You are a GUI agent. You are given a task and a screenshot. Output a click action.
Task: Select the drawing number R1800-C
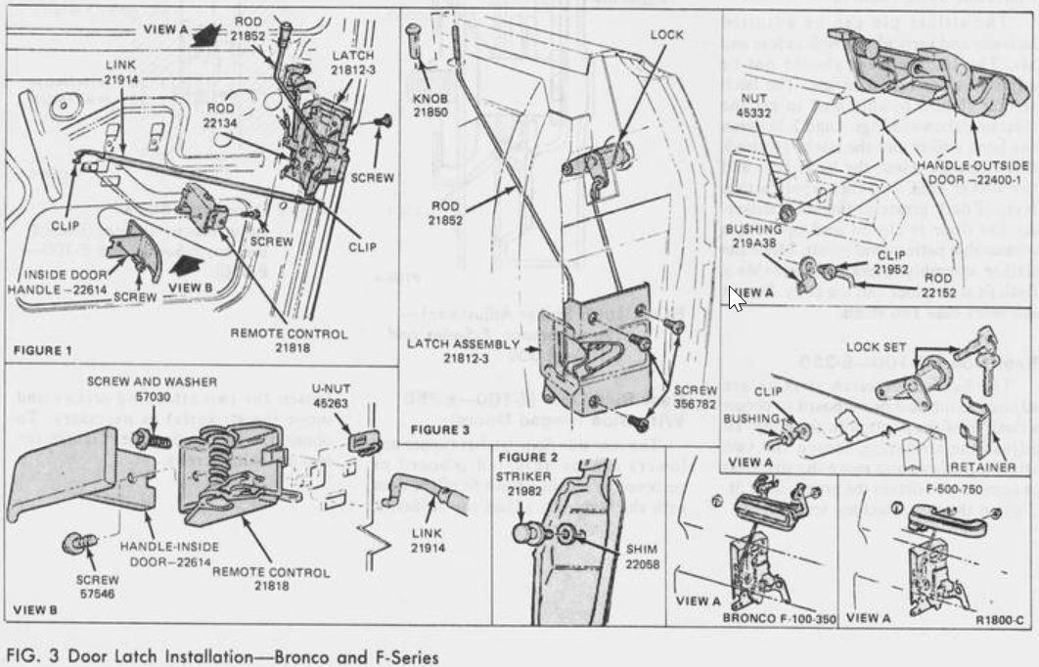[x=999, y=620]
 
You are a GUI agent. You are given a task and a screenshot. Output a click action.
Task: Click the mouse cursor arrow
[x=736, y=296]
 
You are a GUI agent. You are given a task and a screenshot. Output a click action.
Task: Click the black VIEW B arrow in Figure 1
[x=185, y=265]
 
